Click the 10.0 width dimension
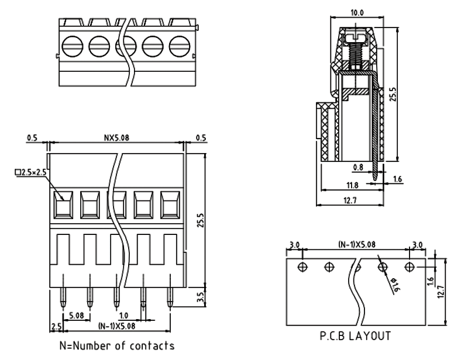(x=356, y=12)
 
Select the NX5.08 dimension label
(x=117, y=138)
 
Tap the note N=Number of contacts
(x=116, y=345)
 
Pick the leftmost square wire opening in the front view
(x=63, y=205)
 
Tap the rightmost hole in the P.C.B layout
(x=410, y=267)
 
